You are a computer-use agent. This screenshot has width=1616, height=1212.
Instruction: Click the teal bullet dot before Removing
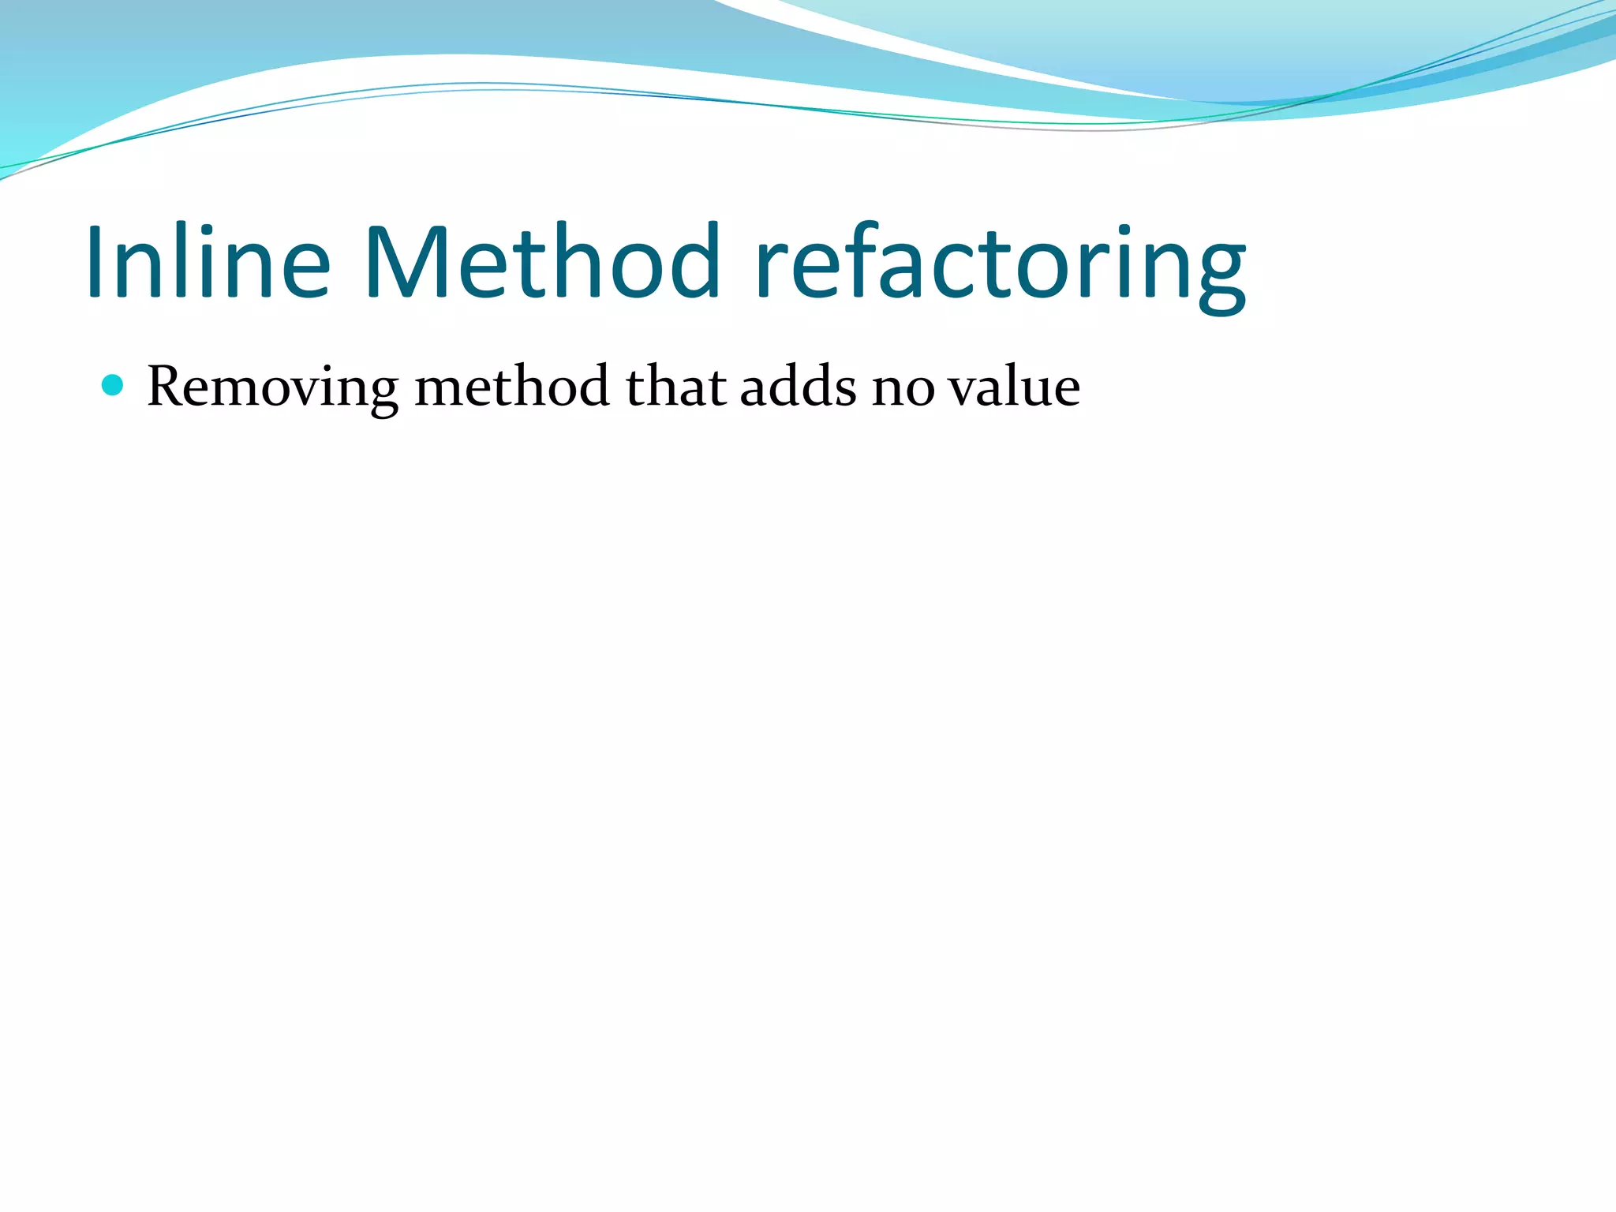click(114, 385)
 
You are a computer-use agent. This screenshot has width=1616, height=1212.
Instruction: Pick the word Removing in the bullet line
click(273, 388)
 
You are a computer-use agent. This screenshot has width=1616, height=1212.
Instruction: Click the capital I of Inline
click(96, 262)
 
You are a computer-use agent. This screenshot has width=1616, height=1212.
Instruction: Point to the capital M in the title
click(406, 262)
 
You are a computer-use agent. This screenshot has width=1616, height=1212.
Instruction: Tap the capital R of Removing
click(167, 387)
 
